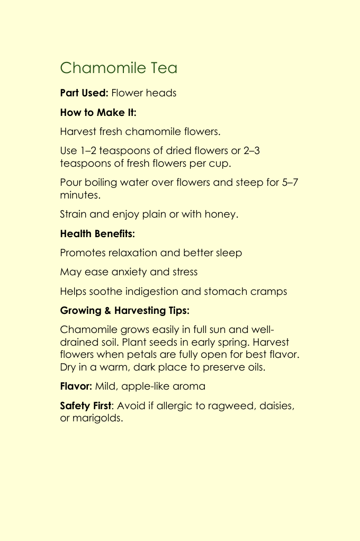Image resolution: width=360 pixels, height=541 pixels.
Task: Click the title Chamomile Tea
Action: click(x=119, y=68)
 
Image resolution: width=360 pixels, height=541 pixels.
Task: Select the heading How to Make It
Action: click(x=98, y=112)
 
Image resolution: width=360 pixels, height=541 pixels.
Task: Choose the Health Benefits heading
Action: click(x=97, y=233)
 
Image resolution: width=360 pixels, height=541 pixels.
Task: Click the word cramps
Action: click(x=269, y=292)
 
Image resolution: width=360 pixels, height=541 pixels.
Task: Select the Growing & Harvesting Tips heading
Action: click(x=125, y=311)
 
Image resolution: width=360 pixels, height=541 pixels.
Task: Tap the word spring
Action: click(x=227, y=342)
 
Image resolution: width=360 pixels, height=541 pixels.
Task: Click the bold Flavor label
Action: click(x=76, y=386)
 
